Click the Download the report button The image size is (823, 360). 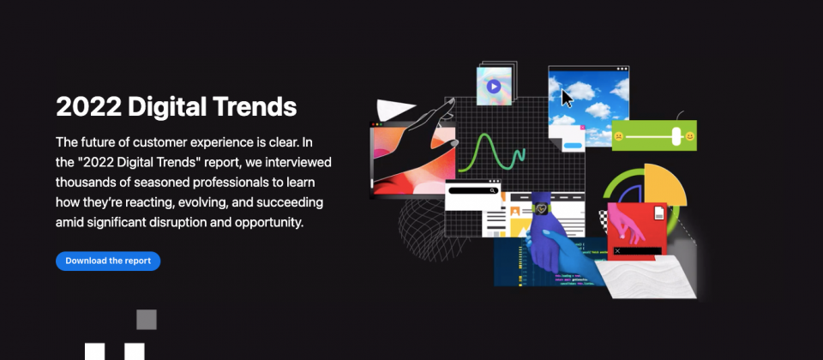click(108, 261)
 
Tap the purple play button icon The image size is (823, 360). click(494, 86)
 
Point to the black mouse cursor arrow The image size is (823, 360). click(567, 98)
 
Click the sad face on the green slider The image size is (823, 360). click(619, 136)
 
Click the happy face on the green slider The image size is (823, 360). click(689, 136)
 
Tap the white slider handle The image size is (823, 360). click(676, 136)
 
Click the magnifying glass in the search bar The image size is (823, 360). click(492, 190)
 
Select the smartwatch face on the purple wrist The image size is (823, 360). click(540, 209)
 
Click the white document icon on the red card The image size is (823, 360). click(659, 213)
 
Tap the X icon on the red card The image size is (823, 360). click(617, 251)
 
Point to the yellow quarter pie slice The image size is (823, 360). click(663, 185)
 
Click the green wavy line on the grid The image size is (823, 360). click(490, 153)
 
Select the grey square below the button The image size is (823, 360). click(147, 320)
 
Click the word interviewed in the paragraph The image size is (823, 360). click(298, 162)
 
